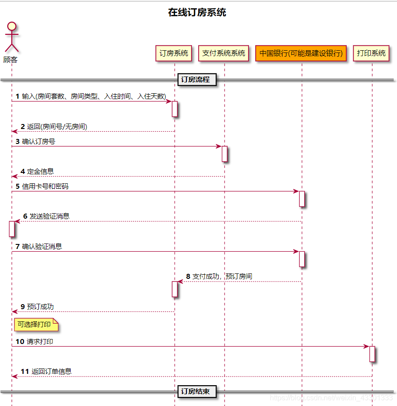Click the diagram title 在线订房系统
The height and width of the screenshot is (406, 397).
pyautogui.click(x=197, y=13)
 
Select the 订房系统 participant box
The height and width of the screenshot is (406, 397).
pyautogui.click(x=174, y=53)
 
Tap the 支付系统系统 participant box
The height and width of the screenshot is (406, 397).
pyautogui.click(x=224, y=53)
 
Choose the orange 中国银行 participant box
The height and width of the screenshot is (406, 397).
pyautogui.click(x=301, y=53)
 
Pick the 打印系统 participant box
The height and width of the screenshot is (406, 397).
pyautogui.click(x=371, y=53)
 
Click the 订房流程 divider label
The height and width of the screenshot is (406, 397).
pyautogui.click(x=196, y=80)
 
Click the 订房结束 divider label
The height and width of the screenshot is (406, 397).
pyautogui.click(x=196, y=391)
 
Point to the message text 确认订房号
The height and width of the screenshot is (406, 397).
pyautogui.click(x=38, y=141)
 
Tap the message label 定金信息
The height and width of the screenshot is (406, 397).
pyautogui.click(x=40, y=171)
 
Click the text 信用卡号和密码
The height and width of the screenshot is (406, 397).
pyautogui.click(x=45, y=186)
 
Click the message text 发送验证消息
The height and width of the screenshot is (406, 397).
pyautogui.click(x=49, y=216)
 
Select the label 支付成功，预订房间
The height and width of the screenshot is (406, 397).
pyautogui.click(x=222, y=276)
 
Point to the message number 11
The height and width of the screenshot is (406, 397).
pyautogui.click(x=24, y=371)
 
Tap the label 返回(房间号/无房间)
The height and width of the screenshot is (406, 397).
pyautogui.click(x=57, y=126)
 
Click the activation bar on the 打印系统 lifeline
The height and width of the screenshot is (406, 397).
pyautogui.click(x=372, y=353)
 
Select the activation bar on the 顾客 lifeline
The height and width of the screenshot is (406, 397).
pyautogui.click(x=12, y=229)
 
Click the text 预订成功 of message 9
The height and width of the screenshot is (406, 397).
pyautogui.click(x=40, y=306)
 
